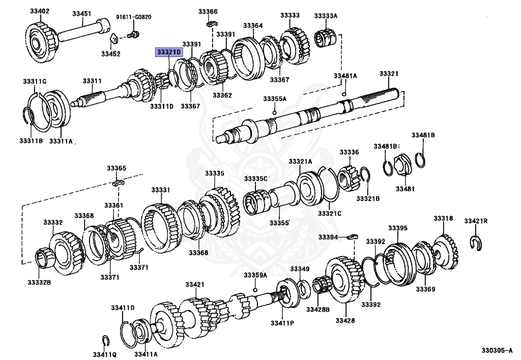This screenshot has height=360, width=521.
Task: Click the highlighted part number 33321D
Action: pyautogui.click(x=169, y=52)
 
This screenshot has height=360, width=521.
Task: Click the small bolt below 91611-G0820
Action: pyautogui.click(x=133, y=36)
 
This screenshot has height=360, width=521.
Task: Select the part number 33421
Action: pyautogui.click(x=195, y=284)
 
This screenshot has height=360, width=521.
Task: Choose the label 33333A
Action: pyautogui.click(x=326, y=16)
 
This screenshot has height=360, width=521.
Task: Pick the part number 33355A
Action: pyautogui.click(x=275, y=98)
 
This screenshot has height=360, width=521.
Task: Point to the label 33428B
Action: pyautogui.click(x=318, y=309)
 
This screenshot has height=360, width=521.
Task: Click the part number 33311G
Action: pyautogui.click(x=35, y=81)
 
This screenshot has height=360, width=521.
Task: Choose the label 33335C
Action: pyautogui.click(x=255, y=178)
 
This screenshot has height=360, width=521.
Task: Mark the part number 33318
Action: pyautogui.click(x=443, y=218)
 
